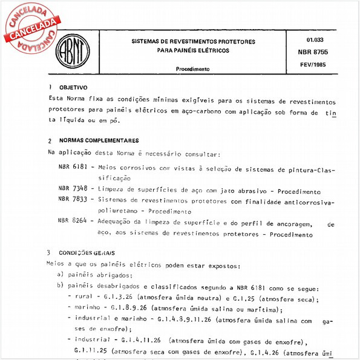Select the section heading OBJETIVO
(x=73, y=87)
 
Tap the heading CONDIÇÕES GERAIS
(x=87, y=252)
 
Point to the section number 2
(x=50, y=140)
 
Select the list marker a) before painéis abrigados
(x=60, y=275)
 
